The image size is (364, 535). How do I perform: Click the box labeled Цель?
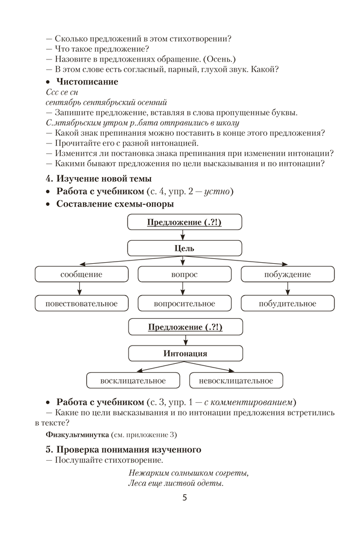tap(185, 248)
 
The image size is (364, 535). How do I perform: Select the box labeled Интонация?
tap(185, 354)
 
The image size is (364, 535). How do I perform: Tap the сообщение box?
tap(81, 274)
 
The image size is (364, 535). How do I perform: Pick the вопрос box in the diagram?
tap(184, 274)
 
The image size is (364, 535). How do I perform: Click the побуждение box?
tap(287, 274)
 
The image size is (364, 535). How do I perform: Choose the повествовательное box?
tap(81, 304)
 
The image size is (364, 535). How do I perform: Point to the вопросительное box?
tap(184, 304)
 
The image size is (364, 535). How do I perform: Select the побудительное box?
tap(287, 304)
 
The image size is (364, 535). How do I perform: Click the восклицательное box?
tap(133, 381)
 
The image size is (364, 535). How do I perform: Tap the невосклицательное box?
tap(236, 381)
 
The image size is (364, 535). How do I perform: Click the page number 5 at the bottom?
tap(185, 498)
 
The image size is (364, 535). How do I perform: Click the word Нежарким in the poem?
tap(148, 473)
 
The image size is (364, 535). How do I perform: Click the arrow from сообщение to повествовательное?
tap(80, 289)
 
